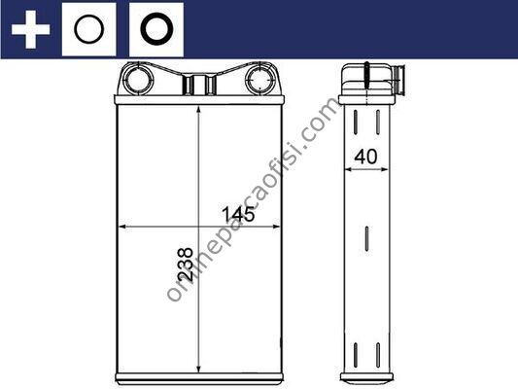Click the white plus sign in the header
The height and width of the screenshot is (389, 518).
[30, 29]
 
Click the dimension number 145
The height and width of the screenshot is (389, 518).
[238, 214]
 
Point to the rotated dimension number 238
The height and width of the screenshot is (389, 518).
[185, 265]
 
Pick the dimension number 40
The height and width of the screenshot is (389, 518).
[365, 157]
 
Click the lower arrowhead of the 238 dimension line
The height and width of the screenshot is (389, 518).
[198, 369]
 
